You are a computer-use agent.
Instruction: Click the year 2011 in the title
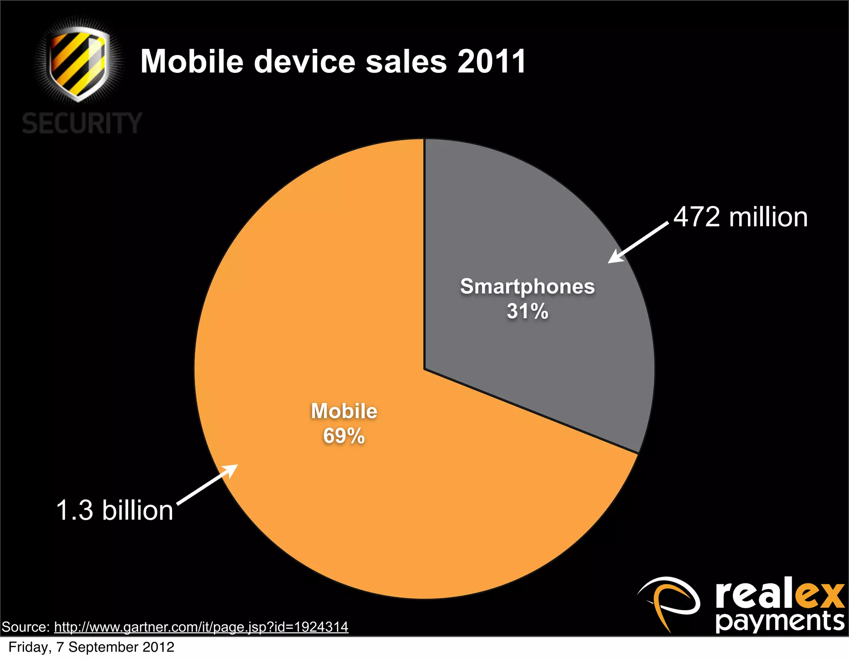[x=492, y=62]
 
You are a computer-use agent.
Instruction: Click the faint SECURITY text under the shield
[x=82, y=123]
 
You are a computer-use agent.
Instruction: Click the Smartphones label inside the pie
[x=527, y=286]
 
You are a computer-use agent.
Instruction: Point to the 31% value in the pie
[x=527, y=311]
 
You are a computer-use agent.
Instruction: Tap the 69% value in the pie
[x=344, y=436]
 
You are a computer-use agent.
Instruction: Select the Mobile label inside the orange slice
[x=344, y=411]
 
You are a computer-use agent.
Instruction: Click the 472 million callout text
[x=740, y=217]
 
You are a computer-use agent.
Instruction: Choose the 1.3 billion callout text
[x=114, y=510]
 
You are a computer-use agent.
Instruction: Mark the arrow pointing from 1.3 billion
[x=208, y=484]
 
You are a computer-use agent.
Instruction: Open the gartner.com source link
[x=201, y=627]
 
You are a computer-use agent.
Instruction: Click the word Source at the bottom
[x=25, y=627]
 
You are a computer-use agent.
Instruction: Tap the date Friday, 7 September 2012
[x=91, y=647]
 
